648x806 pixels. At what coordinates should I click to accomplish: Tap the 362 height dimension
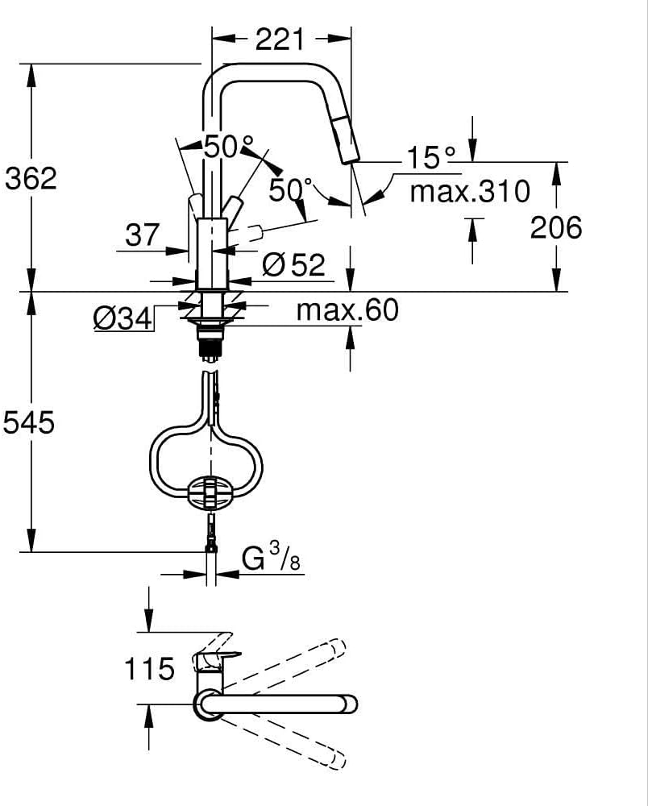point(31,178)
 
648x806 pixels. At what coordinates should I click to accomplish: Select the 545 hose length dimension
point(29,423)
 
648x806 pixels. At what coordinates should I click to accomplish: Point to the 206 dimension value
point(556,226)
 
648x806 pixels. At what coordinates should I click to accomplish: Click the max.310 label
point(470,191)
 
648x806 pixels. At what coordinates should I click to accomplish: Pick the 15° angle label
point(430,157)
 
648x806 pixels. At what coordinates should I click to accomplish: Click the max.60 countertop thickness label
point(347,310)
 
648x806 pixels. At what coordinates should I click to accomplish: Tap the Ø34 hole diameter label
point(123,318)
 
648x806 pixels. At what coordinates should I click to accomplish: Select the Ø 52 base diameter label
point(293,264)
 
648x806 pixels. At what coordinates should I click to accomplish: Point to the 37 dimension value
point(143,235)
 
